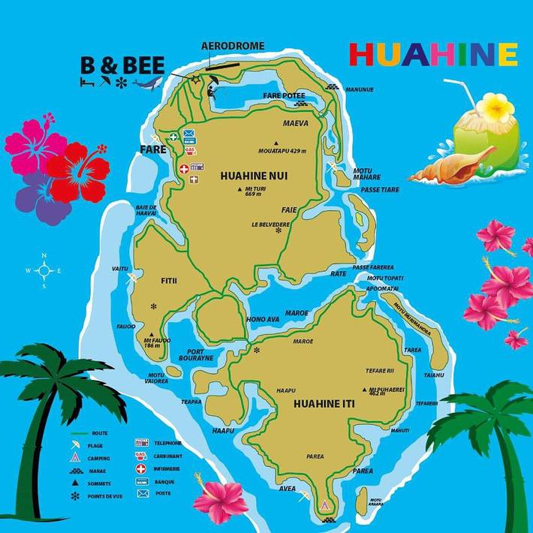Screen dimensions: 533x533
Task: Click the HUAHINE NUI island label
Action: (254, 176)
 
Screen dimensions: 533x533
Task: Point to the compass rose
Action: (44, 270)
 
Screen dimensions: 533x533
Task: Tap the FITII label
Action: (168, 281)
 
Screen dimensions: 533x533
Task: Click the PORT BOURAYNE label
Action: (200, 355)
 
